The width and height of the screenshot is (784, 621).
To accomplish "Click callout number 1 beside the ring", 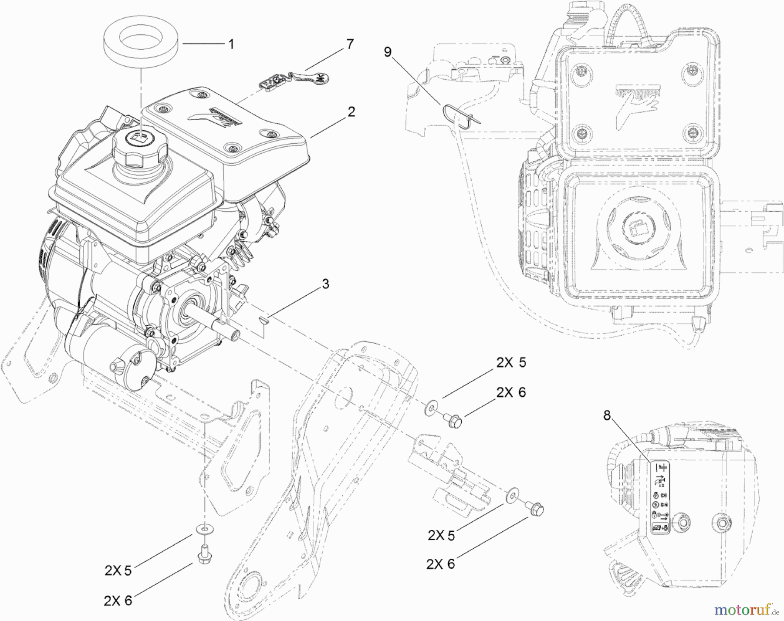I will click(231, 44).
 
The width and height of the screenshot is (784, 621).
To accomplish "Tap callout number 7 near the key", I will click(350, 44).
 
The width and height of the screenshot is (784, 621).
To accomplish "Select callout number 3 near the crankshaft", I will click(325, 284).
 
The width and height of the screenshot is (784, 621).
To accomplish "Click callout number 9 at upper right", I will click(387, 52).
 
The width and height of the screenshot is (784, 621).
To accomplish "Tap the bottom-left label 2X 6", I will click(118, 601).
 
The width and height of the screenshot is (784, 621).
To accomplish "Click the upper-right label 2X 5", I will click(511, 362).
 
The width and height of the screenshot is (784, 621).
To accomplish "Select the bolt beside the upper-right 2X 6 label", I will click(453, 419).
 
